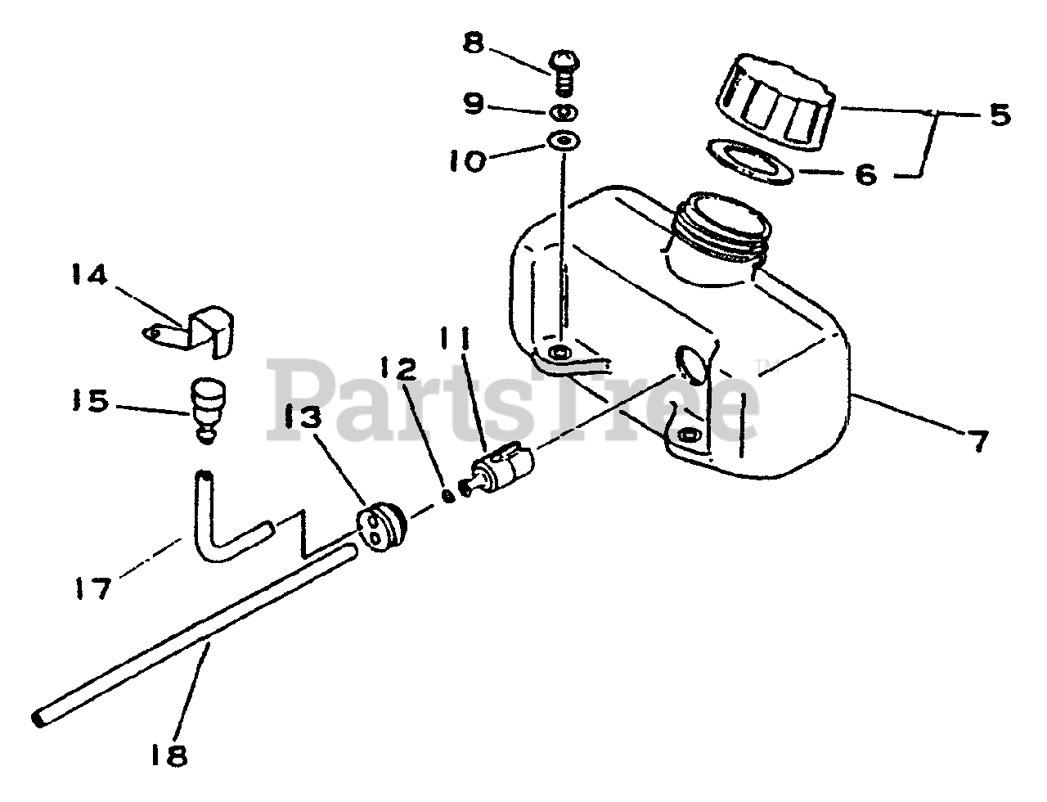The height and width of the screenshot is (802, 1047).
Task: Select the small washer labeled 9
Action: (565, 111)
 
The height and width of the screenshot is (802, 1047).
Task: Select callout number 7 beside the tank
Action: (979, 441)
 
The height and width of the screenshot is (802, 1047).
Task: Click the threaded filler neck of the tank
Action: (721, 228)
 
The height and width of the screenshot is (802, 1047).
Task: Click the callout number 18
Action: (169, 755)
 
